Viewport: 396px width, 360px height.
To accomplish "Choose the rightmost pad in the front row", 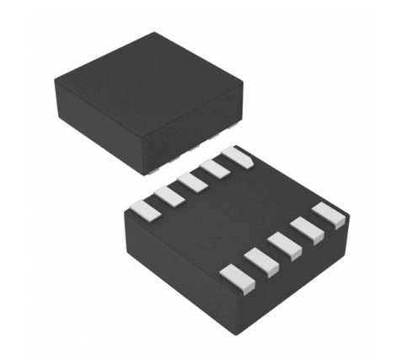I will pos(329,215).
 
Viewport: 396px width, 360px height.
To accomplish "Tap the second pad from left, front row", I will pos(259,260).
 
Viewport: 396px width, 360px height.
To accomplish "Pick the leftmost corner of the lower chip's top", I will pos(124,208).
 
